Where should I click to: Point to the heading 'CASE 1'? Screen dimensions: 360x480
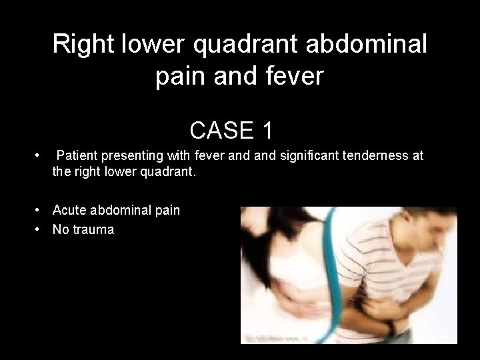pos(231,130)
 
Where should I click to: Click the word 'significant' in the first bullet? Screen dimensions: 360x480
pos(293,156)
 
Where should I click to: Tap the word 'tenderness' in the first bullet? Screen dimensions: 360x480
pos(365,156)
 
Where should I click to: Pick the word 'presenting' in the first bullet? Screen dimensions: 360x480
pos(127,156)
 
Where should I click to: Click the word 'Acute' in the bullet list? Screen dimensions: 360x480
pos(69,211)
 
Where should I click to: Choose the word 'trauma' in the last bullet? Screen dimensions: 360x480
pos(94,230)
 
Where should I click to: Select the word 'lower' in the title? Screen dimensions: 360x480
pos(155,45)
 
